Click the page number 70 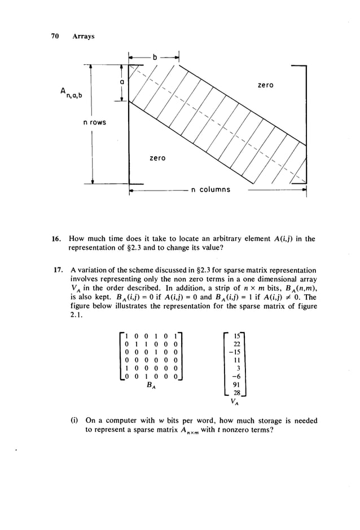tap(55, 37)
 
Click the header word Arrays tap(83, 37)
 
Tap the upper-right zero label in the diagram tap(265, 85)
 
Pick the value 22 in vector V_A tap(237, 344)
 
